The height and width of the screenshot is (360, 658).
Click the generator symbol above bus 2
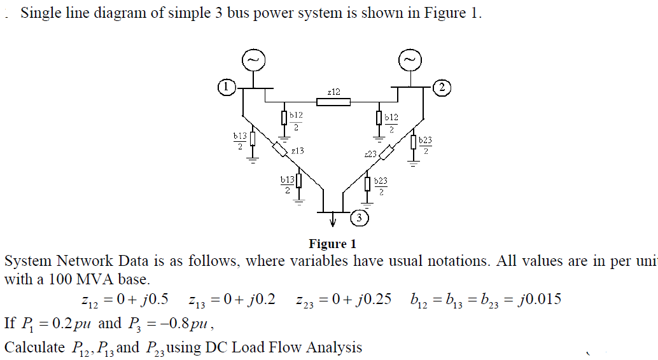(x=409, y=60)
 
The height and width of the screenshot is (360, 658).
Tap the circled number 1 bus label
(x=226, y=86)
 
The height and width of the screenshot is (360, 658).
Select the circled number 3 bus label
(x=360, y=218)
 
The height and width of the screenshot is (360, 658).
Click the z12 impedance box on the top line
(x=333, y=102)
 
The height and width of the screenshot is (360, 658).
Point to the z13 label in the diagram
(x=297, y=151)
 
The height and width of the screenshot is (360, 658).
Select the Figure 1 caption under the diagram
(x=332, y=244)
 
